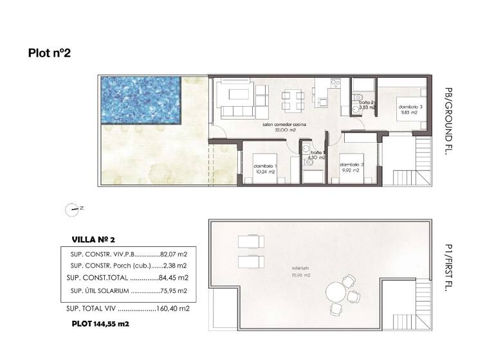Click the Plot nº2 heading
pos(49,53)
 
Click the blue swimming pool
pos(140,101)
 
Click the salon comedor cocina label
pos(284,126)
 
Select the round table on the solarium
pos(336,294)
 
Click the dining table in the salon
pos(293,100)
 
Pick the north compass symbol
pos(72,208)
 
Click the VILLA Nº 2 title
pos(93,239)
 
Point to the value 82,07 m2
pos(174,254)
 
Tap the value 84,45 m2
pos(174,278)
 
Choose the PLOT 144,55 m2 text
pos(100,325)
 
